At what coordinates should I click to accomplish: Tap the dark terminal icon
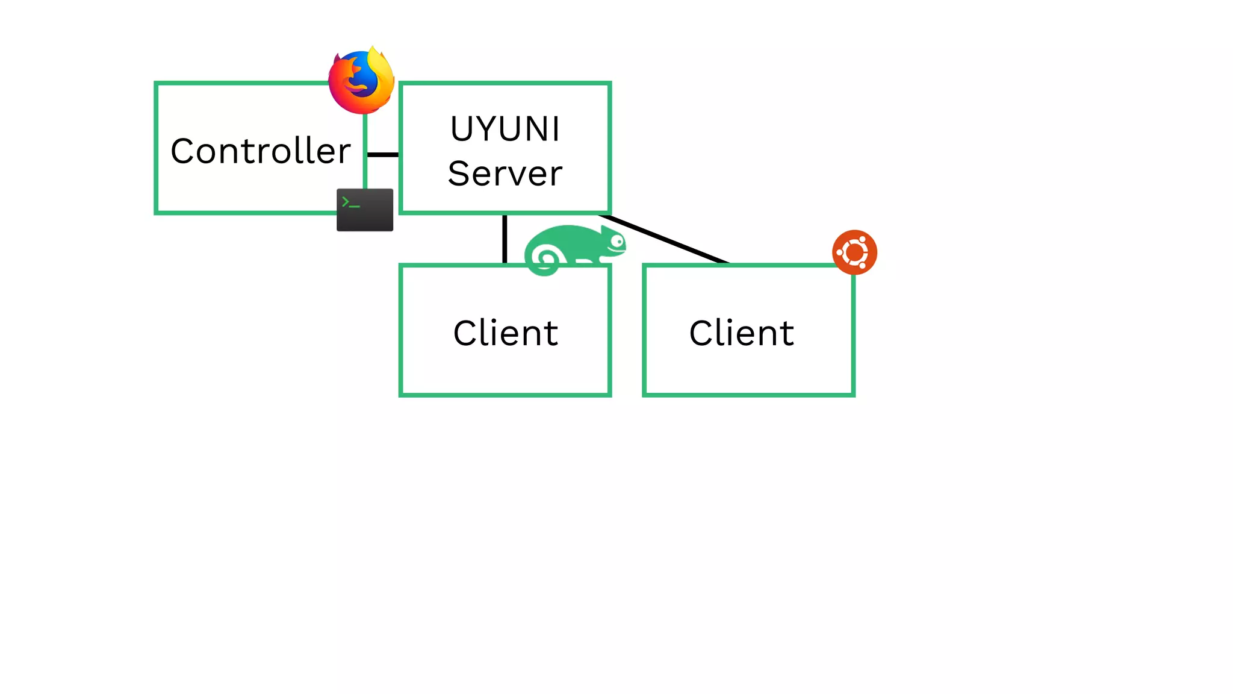(365, 210)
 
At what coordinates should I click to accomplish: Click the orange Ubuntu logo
(854, 252)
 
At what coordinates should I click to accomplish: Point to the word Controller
(260, 151)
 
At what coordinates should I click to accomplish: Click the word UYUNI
(505, 129)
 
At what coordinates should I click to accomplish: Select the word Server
(505, 173)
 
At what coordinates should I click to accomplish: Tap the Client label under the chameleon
(506, 333)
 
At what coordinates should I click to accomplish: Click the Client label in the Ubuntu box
(742, 333)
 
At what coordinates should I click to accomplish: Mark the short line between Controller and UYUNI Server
(383, 155)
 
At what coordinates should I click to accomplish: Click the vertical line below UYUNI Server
(505, 239)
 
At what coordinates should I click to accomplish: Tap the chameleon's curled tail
(545, 260)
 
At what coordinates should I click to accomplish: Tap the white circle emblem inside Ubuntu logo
(854, 252)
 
